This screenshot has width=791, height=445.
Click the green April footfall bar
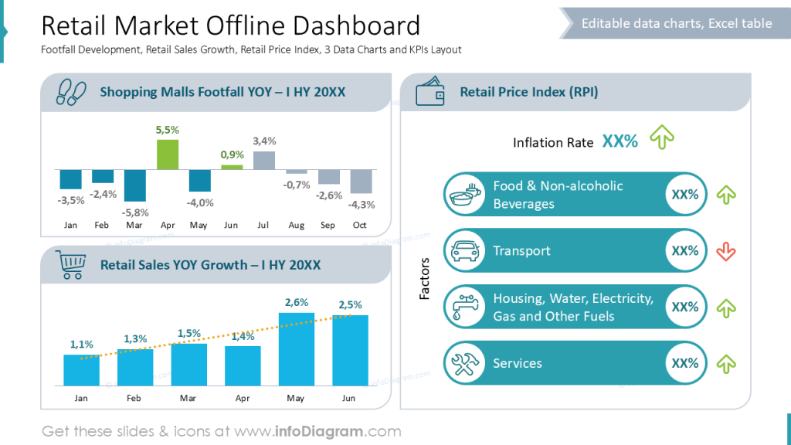tap(168, 155)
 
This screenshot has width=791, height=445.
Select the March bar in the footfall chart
tap(135, 185)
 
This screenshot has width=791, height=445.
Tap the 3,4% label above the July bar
tap(264, 141)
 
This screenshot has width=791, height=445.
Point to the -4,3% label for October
tap(362, 205)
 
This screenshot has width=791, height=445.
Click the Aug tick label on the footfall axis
tap(296, 225)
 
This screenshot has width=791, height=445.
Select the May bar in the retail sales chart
tap(297, 349)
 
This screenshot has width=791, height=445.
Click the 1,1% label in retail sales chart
tap(81, 345)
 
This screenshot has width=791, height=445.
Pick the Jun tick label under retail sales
tap(349, 398)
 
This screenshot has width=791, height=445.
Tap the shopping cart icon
tap(70, 265)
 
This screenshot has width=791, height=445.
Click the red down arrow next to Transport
tap(725, 251)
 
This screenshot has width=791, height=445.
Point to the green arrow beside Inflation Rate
tap(662, 138)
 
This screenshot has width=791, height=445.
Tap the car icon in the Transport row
tap(466, 250)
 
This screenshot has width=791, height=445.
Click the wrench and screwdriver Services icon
tap(466, 363)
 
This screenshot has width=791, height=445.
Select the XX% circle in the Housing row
tap(685, 307)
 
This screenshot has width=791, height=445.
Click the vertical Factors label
tap(424, 279)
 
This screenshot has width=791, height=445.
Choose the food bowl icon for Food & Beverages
tap(466, 194)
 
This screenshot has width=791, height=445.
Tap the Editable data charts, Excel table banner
tap(676, 23)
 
